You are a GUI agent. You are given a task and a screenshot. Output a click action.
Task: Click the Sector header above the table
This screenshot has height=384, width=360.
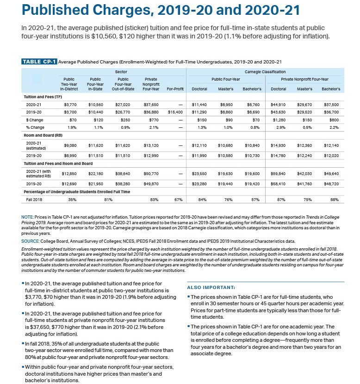tap(121, 72)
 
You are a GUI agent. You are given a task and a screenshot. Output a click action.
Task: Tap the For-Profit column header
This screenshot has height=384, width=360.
tap(175, 88)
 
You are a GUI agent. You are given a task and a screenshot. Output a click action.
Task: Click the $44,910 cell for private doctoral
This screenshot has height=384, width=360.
tap(279, 105)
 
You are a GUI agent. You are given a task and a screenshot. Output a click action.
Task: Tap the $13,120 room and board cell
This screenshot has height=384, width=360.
tap(151, 145)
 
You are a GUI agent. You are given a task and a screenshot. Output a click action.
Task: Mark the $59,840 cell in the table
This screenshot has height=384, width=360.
tap(279, 174)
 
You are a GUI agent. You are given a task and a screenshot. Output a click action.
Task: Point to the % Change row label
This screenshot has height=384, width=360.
tap(35, 127)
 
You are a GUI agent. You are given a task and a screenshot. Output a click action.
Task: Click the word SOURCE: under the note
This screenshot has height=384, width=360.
tap(31, 241)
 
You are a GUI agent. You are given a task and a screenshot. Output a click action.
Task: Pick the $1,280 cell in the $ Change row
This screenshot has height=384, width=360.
tap(279, 120)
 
